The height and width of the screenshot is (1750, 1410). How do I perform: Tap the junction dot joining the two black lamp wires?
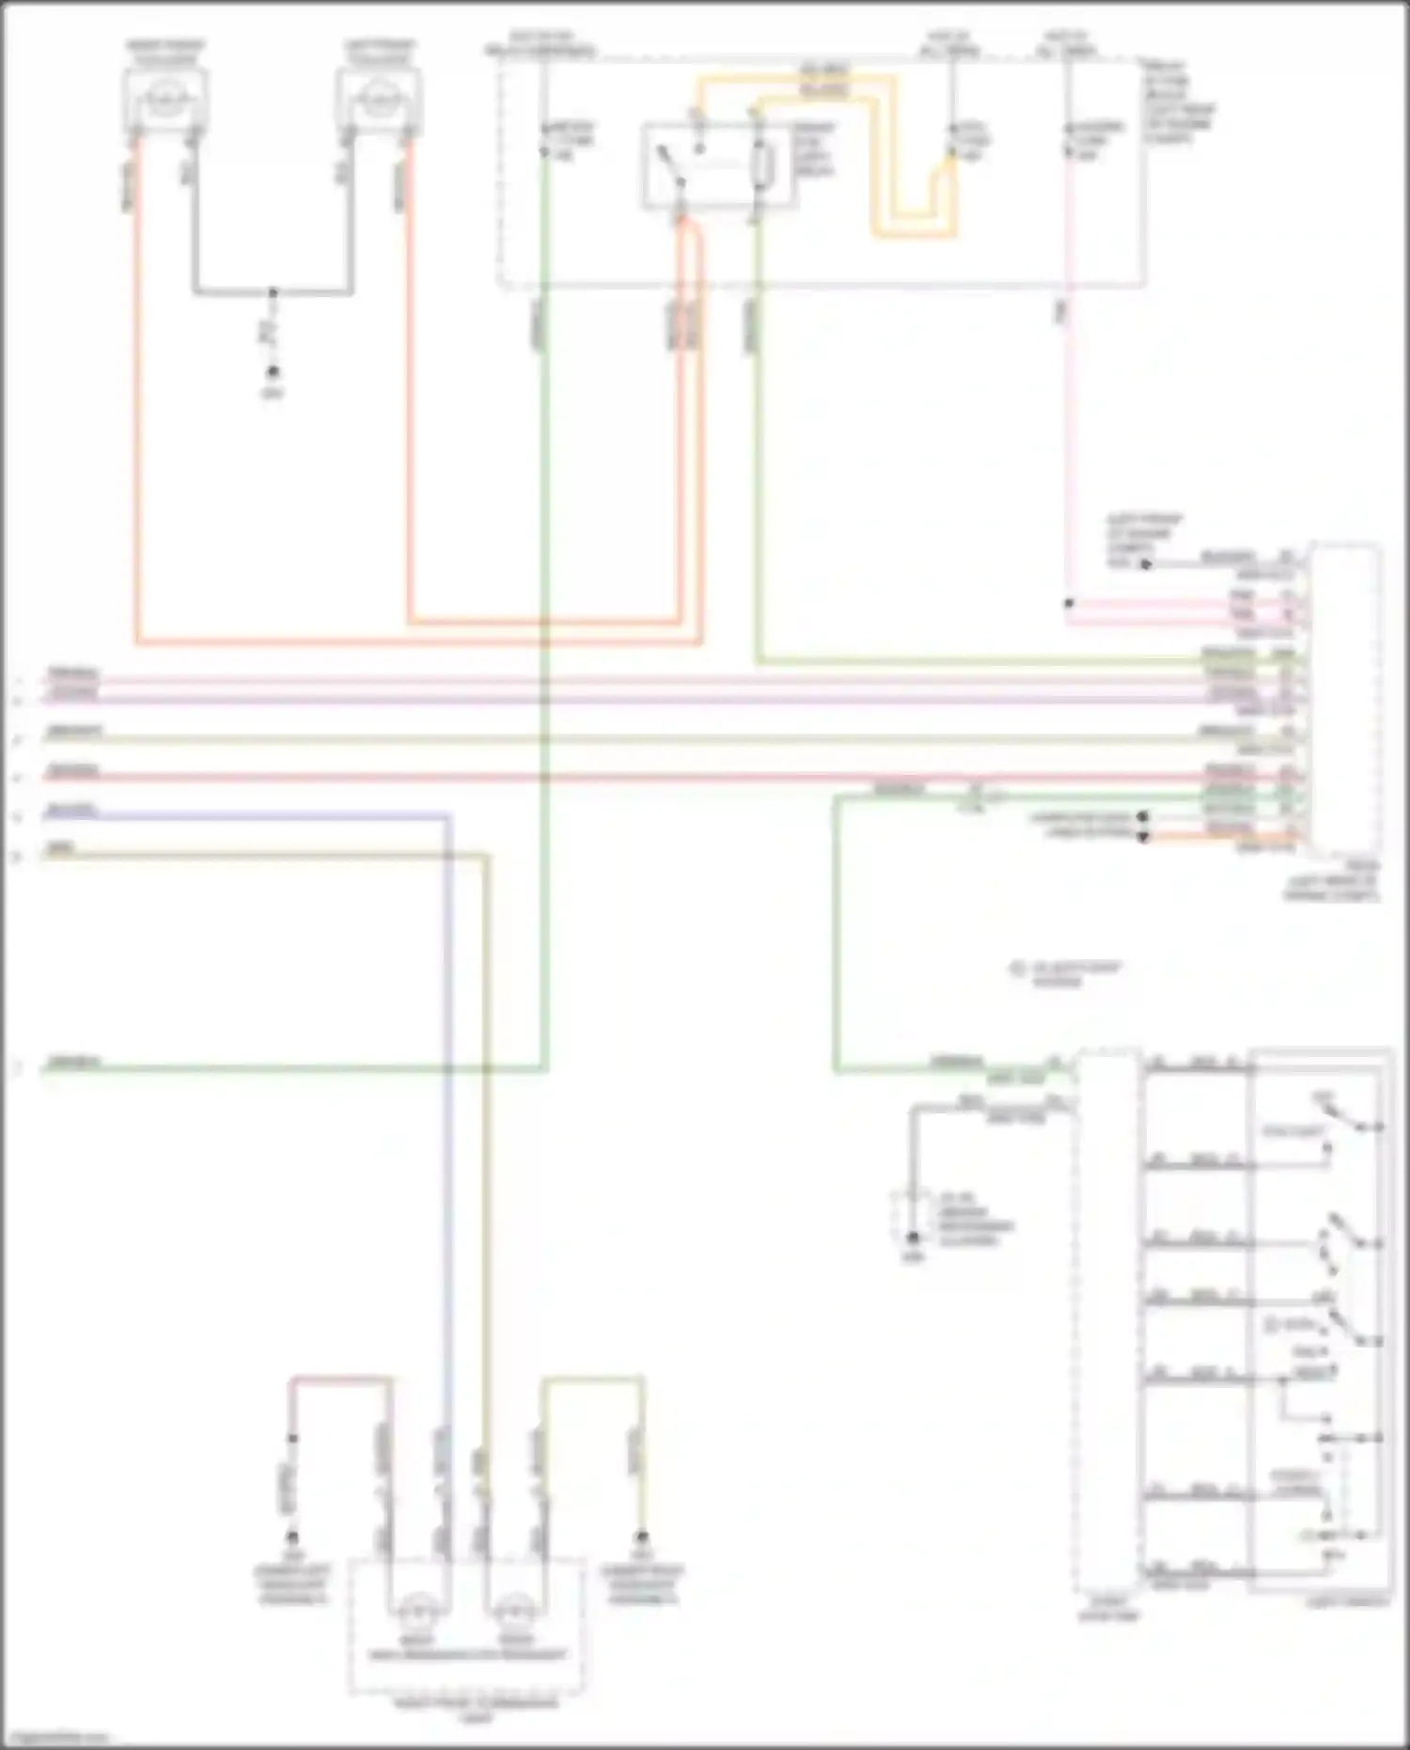click(x=273, y=292)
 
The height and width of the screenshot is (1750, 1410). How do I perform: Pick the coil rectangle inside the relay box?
click(x=763, y=167)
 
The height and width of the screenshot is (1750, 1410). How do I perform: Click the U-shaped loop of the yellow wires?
click(x=912, y=226)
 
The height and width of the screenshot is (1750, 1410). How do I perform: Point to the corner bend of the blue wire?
click(x=448, y=816)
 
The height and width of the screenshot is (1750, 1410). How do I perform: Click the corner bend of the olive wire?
click(x=487, y=856)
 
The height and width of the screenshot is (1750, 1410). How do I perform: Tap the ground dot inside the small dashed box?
click(x=912, y=1238)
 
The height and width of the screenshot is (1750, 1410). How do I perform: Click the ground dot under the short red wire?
click(x=292, y=1538)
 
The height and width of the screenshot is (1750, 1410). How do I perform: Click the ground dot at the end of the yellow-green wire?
click(x=642, y=1538)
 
